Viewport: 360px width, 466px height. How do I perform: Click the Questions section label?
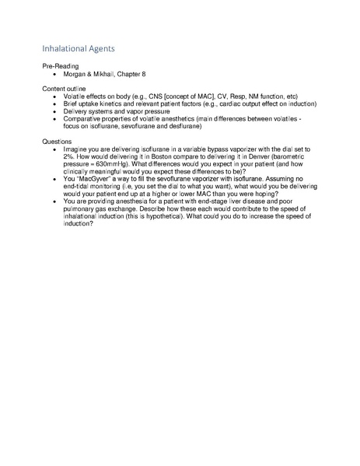(58, 142)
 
